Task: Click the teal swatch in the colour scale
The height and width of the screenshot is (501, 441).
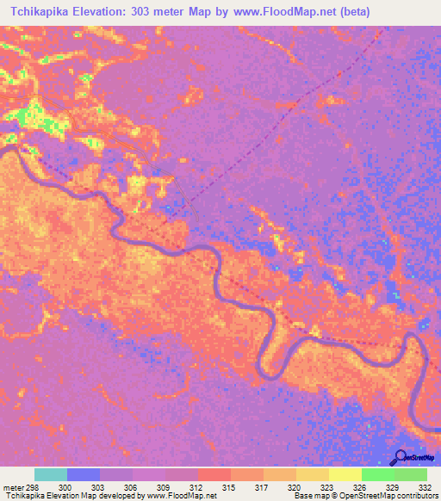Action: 51,474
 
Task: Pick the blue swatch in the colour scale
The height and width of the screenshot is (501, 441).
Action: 84,474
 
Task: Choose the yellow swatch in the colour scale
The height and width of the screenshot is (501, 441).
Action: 345,474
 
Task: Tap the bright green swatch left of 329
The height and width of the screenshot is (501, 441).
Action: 377,474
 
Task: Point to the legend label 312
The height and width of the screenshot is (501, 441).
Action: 196,486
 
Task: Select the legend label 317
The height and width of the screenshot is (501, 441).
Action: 262,486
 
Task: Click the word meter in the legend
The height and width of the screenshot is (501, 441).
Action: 13,486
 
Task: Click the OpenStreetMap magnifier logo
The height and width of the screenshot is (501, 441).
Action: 399,457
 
